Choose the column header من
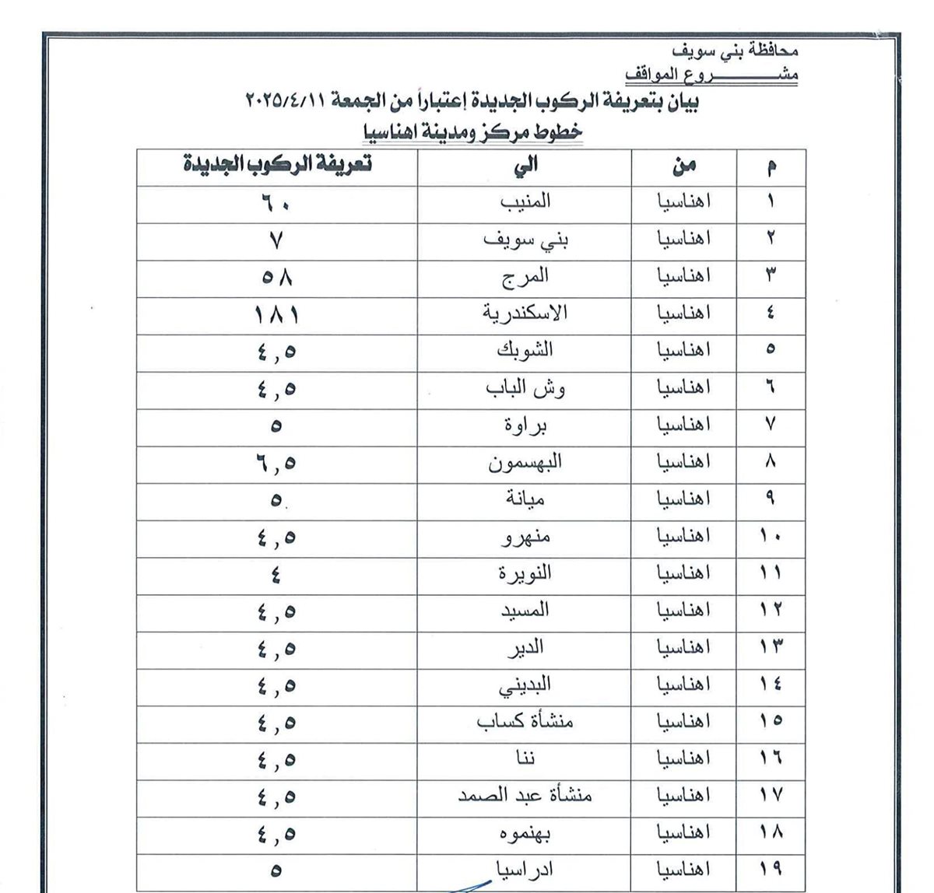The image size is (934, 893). point(683,165)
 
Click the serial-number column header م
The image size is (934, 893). point(770,166)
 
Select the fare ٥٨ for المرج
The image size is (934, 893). point(277,277)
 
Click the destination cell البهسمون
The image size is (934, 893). point(525,462)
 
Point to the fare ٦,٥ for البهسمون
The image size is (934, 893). point(277,463)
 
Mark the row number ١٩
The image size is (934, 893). point(771,868)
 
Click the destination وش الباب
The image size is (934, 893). point(527,388)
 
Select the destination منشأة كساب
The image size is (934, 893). point(525,721)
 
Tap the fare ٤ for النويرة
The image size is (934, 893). point(277,575)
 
